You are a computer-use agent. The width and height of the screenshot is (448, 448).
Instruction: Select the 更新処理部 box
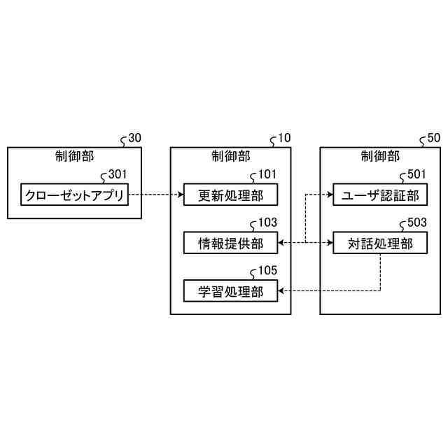pos(230,195)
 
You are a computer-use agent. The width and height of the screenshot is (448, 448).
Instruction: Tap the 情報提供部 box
pos(230,243)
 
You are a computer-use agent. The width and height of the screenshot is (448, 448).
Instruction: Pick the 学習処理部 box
pos(230,290)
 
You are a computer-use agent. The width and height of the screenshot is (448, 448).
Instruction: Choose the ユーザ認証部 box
pos(379,195)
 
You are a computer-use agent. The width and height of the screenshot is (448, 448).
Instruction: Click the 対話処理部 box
pos(379,243)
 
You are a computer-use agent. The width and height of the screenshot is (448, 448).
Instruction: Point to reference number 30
pos(134,139)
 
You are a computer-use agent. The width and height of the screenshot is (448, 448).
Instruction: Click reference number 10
pos(284,139)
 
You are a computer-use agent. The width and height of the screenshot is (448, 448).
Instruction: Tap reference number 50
pos(434,139)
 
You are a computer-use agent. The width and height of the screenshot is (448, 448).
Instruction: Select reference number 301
pos(112,175)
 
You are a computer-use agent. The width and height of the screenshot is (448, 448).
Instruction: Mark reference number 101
pos(267,175)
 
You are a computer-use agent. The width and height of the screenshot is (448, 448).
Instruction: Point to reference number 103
pos(267,223)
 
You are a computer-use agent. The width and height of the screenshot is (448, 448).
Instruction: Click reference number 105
pos(267,270)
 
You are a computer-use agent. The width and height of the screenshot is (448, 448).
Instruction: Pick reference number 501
pos(416,175)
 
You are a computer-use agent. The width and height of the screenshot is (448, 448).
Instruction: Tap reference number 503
pos(416,223)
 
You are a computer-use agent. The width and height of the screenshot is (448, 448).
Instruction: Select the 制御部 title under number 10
pos(230,155)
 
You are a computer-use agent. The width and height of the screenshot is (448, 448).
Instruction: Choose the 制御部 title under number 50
pos(379,155)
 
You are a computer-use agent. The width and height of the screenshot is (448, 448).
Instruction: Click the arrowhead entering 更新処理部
pos(180,195)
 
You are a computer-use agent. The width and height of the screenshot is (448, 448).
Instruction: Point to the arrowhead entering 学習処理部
pos(281,290)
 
